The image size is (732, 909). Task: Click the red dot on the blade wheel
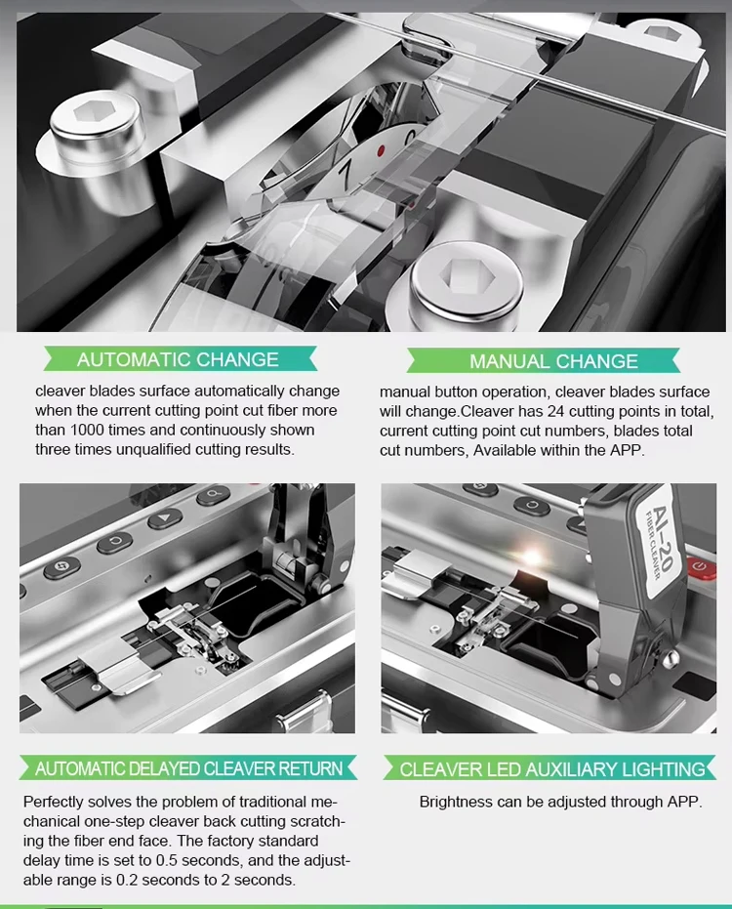(x=381, y=151)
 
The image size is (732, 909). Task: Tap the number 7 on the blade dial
(x=345, y=176)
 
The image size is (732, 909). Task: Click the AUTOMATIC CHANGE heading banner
(x=178, y=359)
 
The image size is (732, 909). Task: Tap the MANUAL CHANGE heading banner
(x=553, y=361)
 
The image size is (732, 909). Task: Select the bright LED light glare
(x=533, y=557)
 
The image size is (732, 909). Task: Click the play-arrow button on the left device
(x=165, y=519)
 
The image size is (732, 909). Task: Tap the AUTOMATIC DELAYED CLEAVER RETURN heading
(x=188, y=768)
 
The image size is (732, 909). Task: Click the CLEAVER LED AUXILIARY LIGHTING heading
(x=551, y=769)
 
